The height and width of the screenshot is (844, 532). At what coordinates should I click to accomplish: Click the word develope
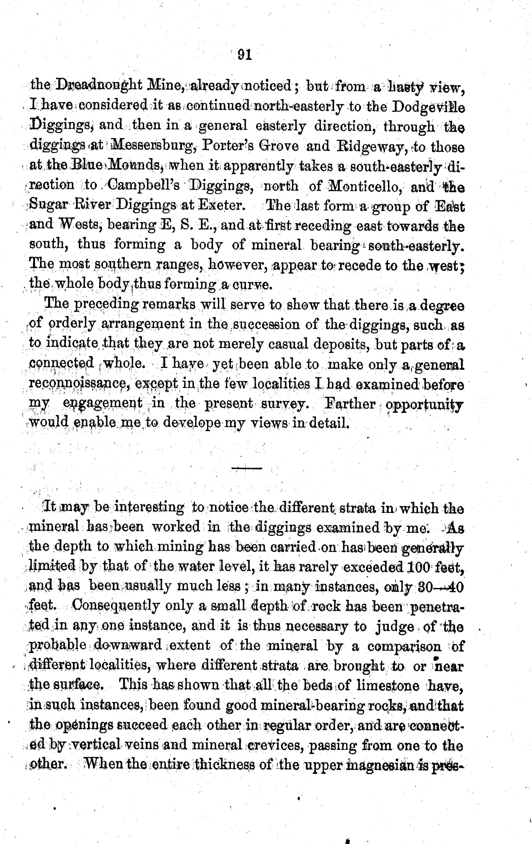tap(192, 424)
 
